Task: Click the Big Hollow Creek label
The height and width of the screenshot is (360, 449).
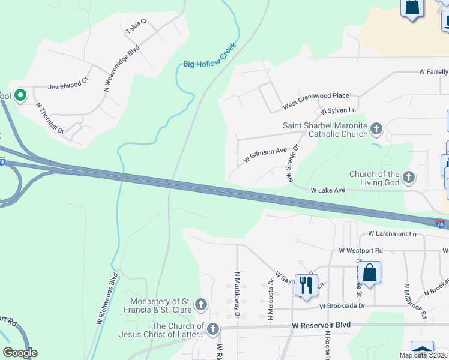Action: click(210, 55)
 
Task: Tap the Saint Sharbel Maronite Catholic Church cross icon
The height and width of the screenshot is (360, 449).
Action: click(376, 128)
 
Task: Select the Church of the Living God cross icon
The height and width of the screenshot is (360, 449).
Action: click(409, 177)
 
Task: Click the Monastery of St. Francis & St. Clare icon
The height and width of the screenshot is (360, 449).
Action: click(201, 305)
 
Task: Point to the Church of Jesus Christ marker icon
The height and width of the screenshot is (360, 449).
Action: click(213, 329)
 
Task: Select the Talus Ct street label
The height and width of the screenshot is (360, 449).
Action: click(136, 26)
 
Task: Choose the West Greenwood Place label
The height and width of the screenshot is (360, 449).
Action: click(316, 101)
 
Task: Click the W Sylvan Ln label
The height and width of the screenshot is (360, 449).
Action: click(338, 111)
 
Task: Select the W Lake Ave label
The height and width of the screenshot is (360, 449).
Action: click(328, 190)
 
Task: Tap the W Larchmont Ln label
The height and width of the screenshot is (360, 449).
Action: click(392, 233)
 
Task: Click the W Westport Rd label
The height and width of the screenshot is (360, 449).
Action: click(361, 250)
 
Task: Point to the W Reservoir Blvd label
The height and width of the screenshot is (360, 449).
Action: click(321, 325)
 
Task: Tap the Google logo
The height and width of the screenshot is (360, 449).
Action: click(20, 353)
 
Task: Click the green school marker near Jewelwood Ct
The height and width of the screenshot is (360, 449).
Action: click(20, 95)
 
